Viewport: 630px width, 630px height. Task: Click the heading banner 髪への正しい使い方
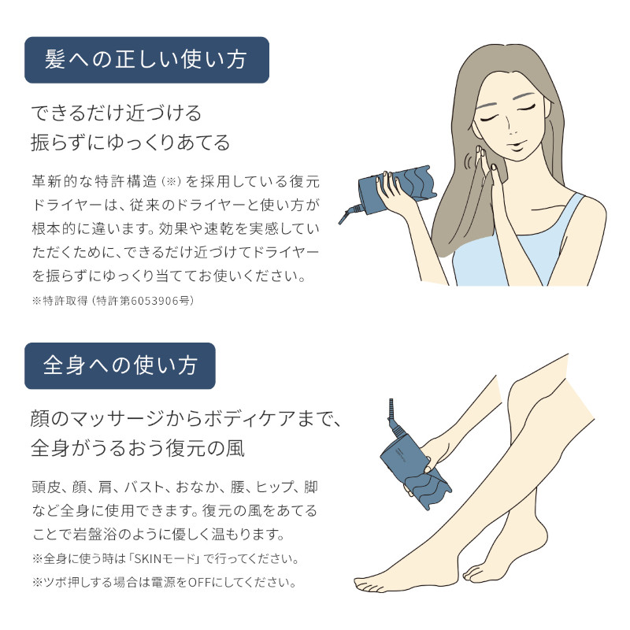point(146,60)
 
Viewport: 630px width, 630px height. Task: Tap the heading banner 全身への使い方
point(120,365)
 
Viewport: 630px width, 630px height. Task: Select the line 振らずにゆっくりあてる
point(130,143)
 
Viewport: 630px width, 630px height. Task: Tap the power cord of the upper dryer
point(348,212)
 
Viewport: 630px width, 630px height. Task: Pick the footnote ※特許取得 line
point(113,301)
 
